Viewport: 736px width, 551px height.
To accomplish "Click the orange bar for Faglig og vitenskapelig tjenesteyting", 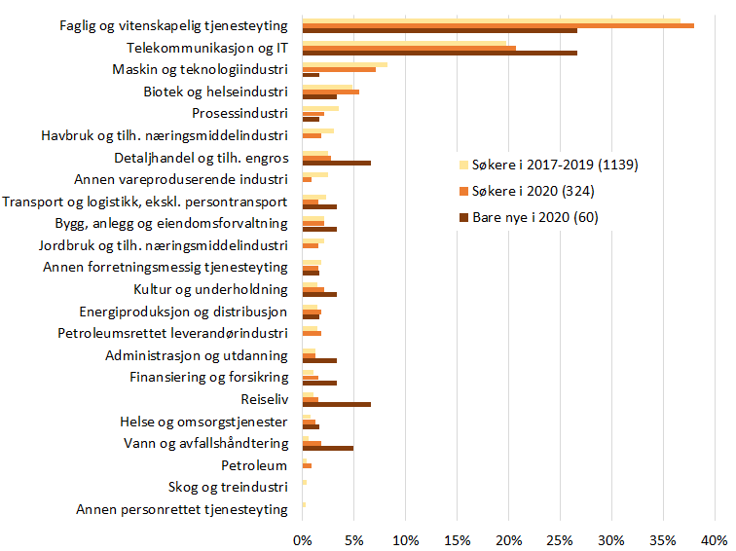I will pyautogui.click(x=497, y=25).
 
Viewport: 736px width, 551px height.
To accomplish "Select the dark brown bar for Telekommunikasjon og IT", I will pyautogui.click(x=439, y=53).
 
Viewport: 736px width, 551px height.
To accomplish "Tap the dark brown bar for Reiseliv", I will pyautogui.click(x=336, y=404).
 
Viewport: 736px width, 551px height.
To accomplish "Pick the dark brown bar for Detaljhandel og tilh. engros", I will pyautogui.click(x=336, y=163).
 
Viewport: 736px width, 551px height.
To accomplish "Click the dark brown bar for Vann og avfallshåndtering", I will pyautogui.click(x=327, y=449).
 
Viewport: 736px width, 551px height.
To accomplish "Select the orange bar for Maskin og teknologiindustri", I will pyautogui.click(x=339, y=69).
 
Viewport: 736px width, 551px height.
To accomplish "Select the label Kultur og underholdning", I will pyautogui.click(x=210, y=289).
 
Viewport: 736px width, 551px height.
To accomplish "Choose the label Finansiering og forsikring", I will pyautogui.click(x=208, y=377).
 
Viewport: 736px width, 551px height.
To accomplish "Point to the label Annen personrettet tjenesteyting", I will pyautogui.click(x=182, y=509).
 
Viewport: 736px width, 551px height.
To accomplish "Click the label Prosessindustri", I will pyautogui.click(x=239, y=114).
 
